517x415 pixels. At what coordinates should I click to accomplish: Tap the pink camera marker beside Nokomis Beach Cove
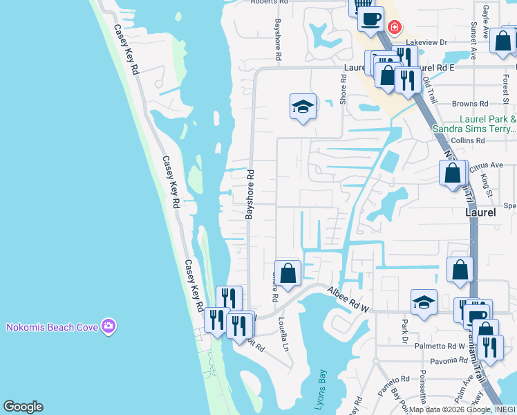(108, 326)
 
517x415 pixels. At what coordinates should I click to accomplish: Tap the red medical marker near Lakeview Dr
(394, 28)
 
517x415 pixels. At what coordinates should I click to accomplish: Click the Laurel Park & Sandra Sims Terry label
(474, 123)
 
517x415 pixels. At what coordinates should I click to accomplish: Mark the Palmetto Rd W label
(440, 346)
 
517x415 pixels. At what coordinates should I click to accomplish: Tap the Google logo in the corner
(23, 407)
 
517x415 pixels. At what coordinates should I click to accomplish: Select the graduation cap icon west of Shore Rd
(302, 107)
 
